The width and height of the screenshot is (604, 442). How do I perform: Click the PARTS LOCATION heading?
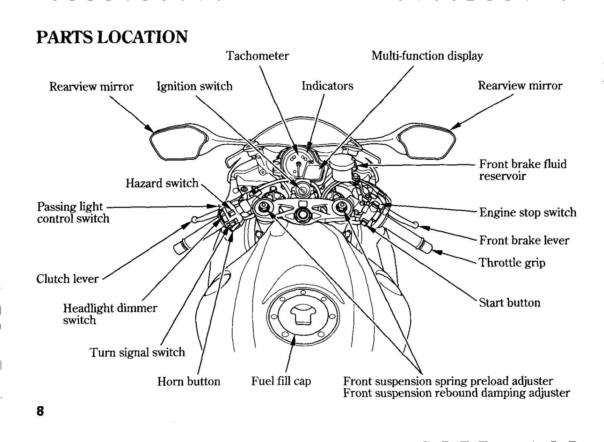tap(112, 37)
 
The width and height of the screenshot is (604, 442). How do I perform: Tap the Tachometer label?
tap(257, 56)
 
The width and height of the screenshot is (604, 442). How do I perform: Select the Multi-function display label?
tap(427, 56)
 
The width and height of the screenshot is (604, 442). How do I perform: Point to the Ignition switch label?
tap(195, 87)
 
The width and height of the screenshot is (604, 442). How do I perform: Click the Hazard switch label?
tap(162, 183)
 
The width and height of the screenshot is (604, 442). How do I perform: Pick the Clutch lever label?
tap(68, 279)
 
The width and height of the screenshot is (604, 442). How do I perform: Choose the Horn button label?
tap(189, 381)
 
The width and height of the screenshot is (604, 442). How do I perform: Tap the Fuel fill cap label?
tap(281, 381)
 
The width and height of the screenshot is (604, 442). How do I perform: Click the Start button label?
tap(510, 303)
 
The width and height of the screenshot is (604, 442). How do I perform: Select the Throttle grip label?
tap(512, 263)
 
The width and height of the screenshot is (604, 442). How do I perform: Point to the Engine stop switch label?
tap(528, 212)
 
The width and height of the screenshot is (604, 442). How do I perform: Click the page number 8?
tap(40, 411)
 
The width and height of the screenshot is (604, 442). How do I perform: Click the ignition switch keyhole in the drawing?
tap(302, 191)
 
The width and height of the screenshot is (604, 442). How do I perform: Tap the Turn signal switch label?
tap(137, 352)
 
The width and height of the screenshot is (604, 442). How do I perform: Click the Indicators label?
tap(327, 86)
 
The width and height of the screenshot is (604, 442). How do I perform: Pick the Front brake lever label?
tap(524, 240)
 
